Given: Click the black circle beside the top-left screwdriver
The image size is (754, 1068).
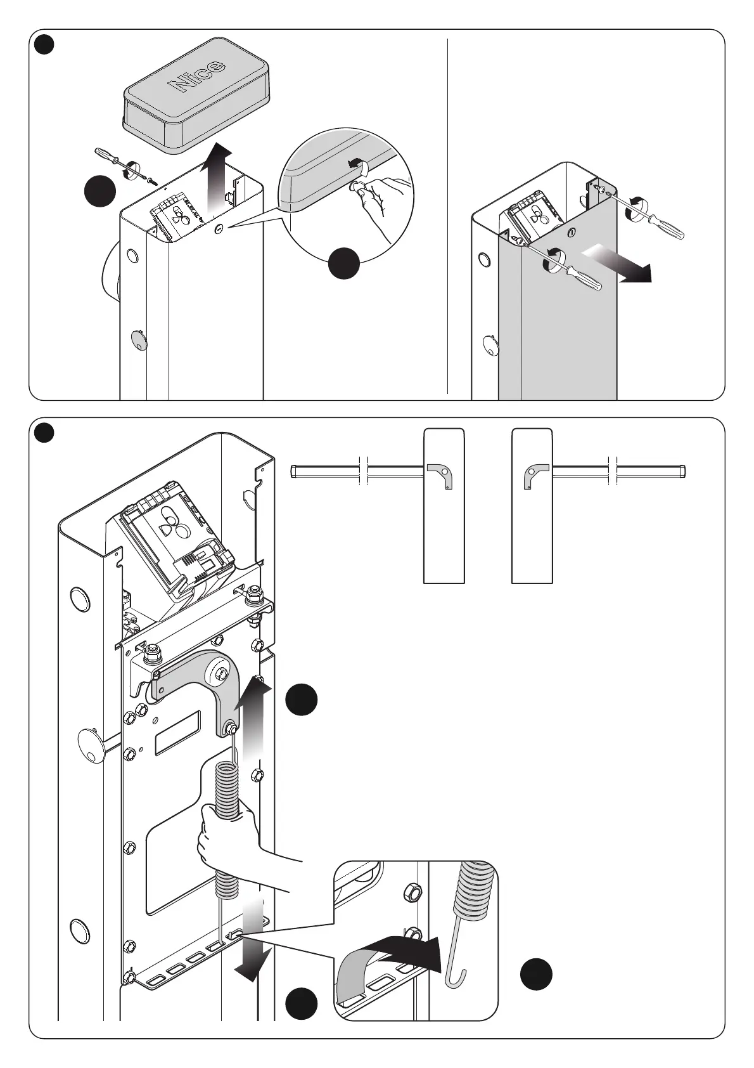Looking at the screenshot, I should [x=100, y=191].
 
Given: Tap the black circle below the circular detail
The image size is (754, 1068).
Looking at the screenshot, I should [x=344, y=263].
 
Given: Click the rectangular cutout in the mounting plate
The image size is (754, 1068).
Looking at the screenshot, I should [x=177, y=732].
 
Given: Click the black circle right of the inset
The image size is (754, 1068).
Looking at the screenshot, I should [x=536, y=974].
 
